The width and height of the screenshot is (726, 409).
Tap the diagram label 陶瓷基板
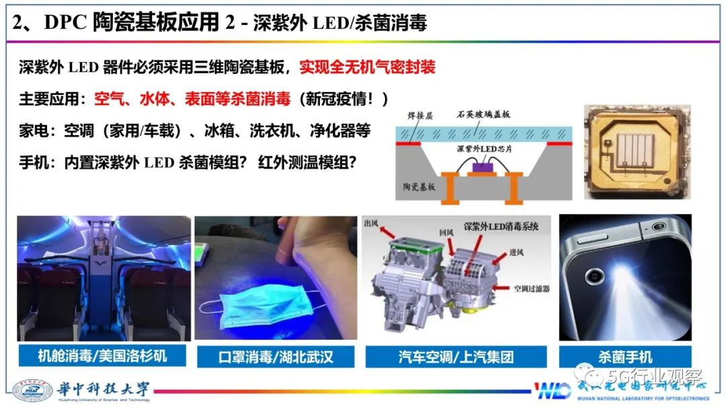(419, 187)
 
